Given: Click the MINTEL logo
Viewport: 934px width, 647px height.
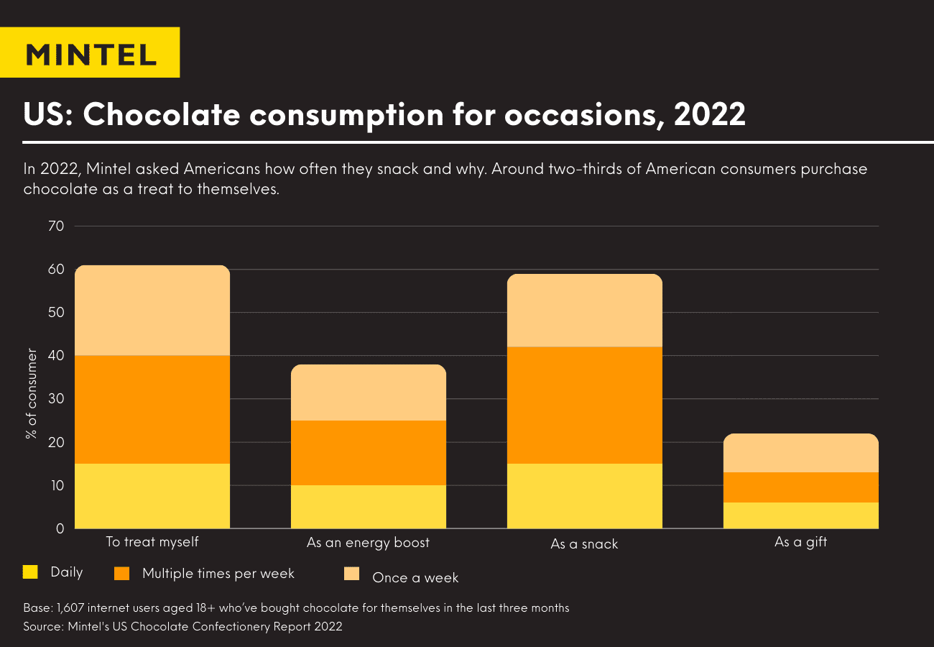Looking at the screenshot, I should pos(90,53).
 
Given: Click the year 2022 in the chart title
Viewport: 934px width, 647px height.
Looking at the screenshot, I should pos(709,114).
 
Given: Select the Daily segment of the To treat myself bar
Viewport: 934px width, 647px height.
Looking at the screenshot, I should pos(152,496).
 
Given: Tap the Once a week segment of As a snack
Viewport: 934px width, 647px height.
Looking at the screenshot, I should pos(584,311).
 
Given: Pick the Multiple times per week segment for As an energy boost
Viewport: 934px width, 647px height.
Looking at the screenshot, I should pos(368,453).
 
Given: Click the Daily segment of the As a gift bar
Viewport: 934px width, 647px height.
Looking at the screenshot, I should pos(800,515).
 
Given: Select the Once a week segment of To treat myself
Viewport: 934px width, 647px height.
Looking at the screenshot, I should pos(152,311).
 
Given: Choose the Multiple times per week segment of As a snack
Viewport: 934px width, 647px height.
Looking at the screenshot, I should pos(584,405).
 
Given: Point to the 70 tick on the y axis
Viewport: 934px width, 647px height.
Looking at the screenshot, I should pos(57,226).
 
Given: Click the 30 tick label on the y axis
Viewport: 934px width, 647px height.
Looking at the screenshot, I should pos(57,399).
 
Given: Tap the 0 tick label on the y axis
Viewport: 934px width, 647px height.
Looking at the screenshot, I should pos(60,528).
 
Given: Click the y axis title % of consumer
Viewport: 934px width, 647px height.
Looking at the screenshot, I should pos(32,394).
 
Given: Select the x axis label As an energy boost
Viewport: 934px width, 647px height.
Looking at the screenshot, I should pos(368,543).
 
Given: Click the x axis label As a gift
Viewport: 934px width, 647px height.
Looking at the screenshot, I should pos(800,543).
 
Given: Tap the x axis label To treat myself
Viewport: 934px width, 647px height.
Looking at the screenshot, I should pos(152,542).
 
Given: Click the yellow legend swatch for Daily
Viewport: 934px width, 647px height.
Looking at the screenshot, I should pos(30,572).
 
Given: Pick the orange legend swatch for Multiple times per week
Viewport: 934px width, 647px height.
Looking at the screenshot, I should pos(122,573).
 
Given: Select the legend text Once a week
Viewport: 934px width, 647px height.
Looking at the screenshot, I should pos(415,578).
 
